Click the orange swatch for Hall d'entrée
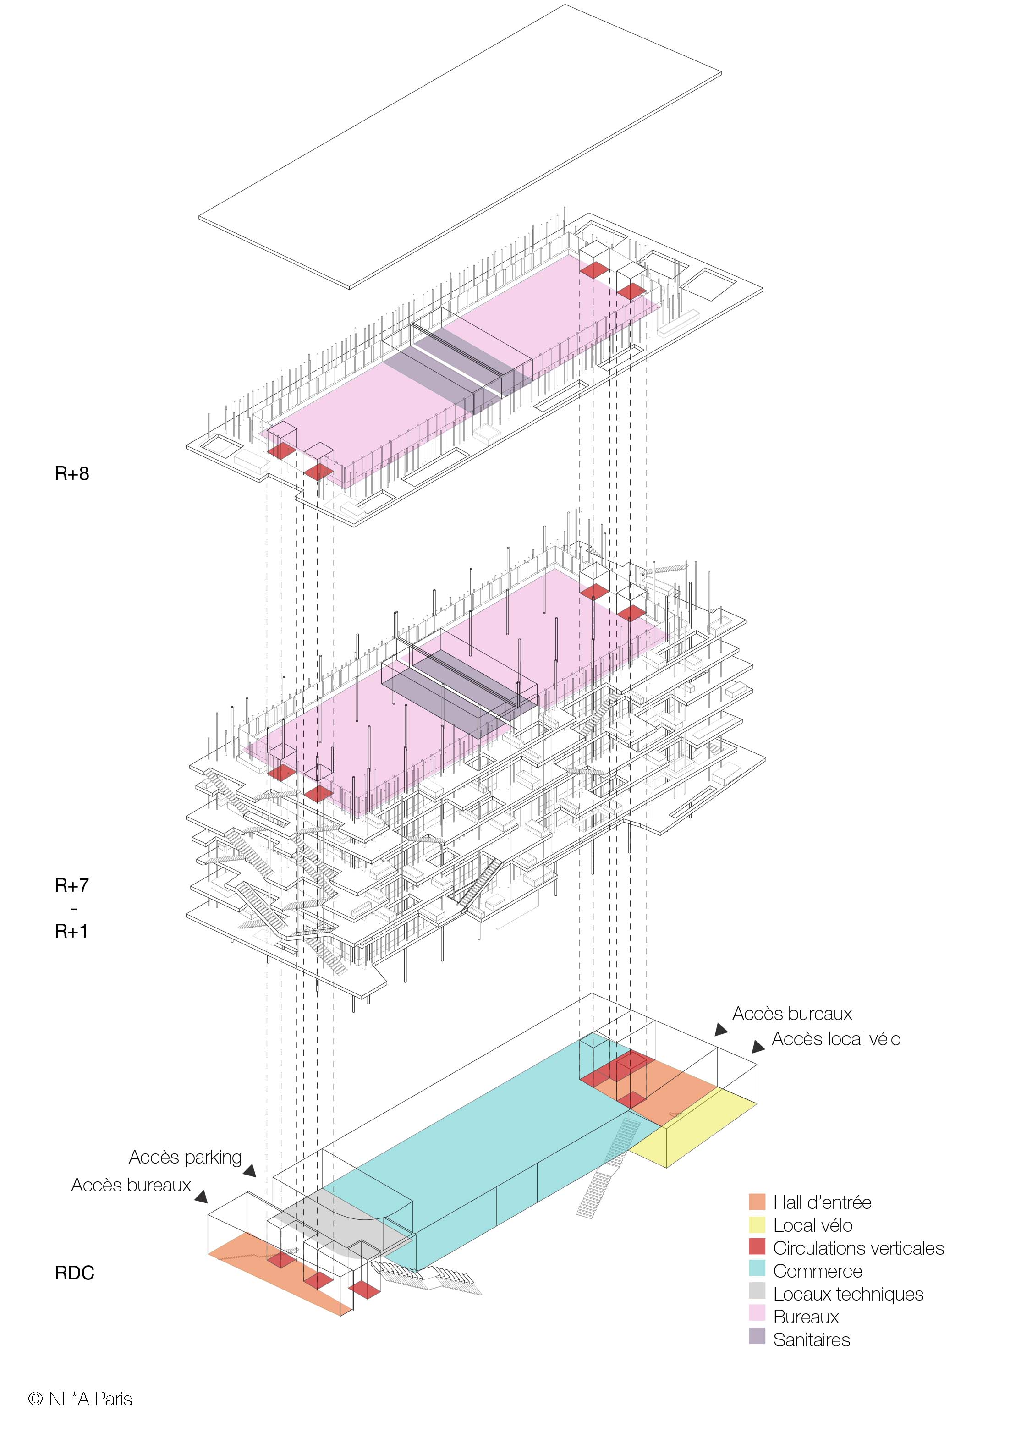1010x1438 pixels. click(x=757, y=1202)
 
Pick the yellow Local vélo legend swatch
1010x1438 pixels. click(x=757, y=1225)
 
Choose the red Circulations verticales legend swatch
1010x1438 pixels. click(x=757, y=1248)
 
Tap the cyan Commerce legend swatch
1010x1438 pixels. click(x=757, y=1271)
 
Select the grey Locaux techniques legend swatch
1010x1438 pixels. click(x=757, y=1293)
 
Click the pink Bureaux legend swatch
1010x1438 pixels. click(x=757, y=1317)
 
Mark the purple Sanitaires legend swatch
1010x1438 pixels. click(x=757, y=1339)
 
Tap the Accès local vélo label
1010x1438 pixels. click(x=835, y=1039)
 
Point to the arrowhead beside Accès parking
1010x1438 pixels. click(x=250, y=1170)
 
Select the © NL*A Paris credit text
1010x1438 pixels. click(x=80, y=1399)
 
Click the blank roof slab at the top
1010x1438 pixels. click(x=460, y=147)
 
